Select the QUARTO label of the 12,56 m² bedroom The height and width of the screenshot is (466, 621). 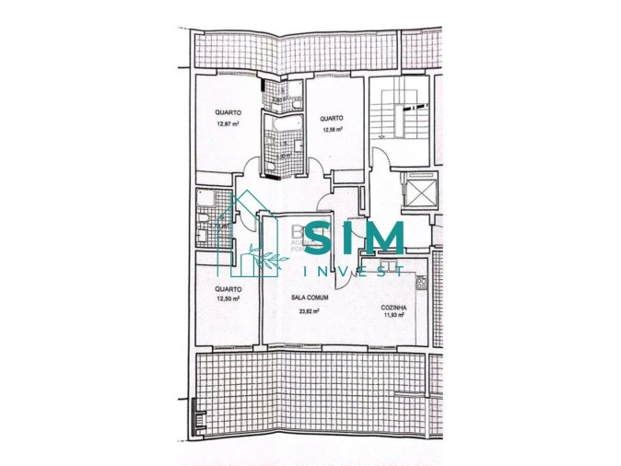pos(332,118)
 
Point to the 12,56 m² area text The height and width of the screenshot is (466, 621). pos(333,129)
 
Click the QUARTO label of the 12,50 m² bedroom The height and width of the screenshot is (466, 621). pos(228,289)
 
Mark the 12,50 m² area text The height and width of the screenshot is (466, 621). pos(228,298)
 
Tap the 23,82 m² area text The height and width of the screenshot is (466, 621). pos(309,311)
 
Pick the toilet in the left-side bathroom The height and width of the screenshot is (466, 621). pos(202,235)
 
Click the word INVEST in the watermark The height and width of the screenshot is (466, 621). pos(355,270)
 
